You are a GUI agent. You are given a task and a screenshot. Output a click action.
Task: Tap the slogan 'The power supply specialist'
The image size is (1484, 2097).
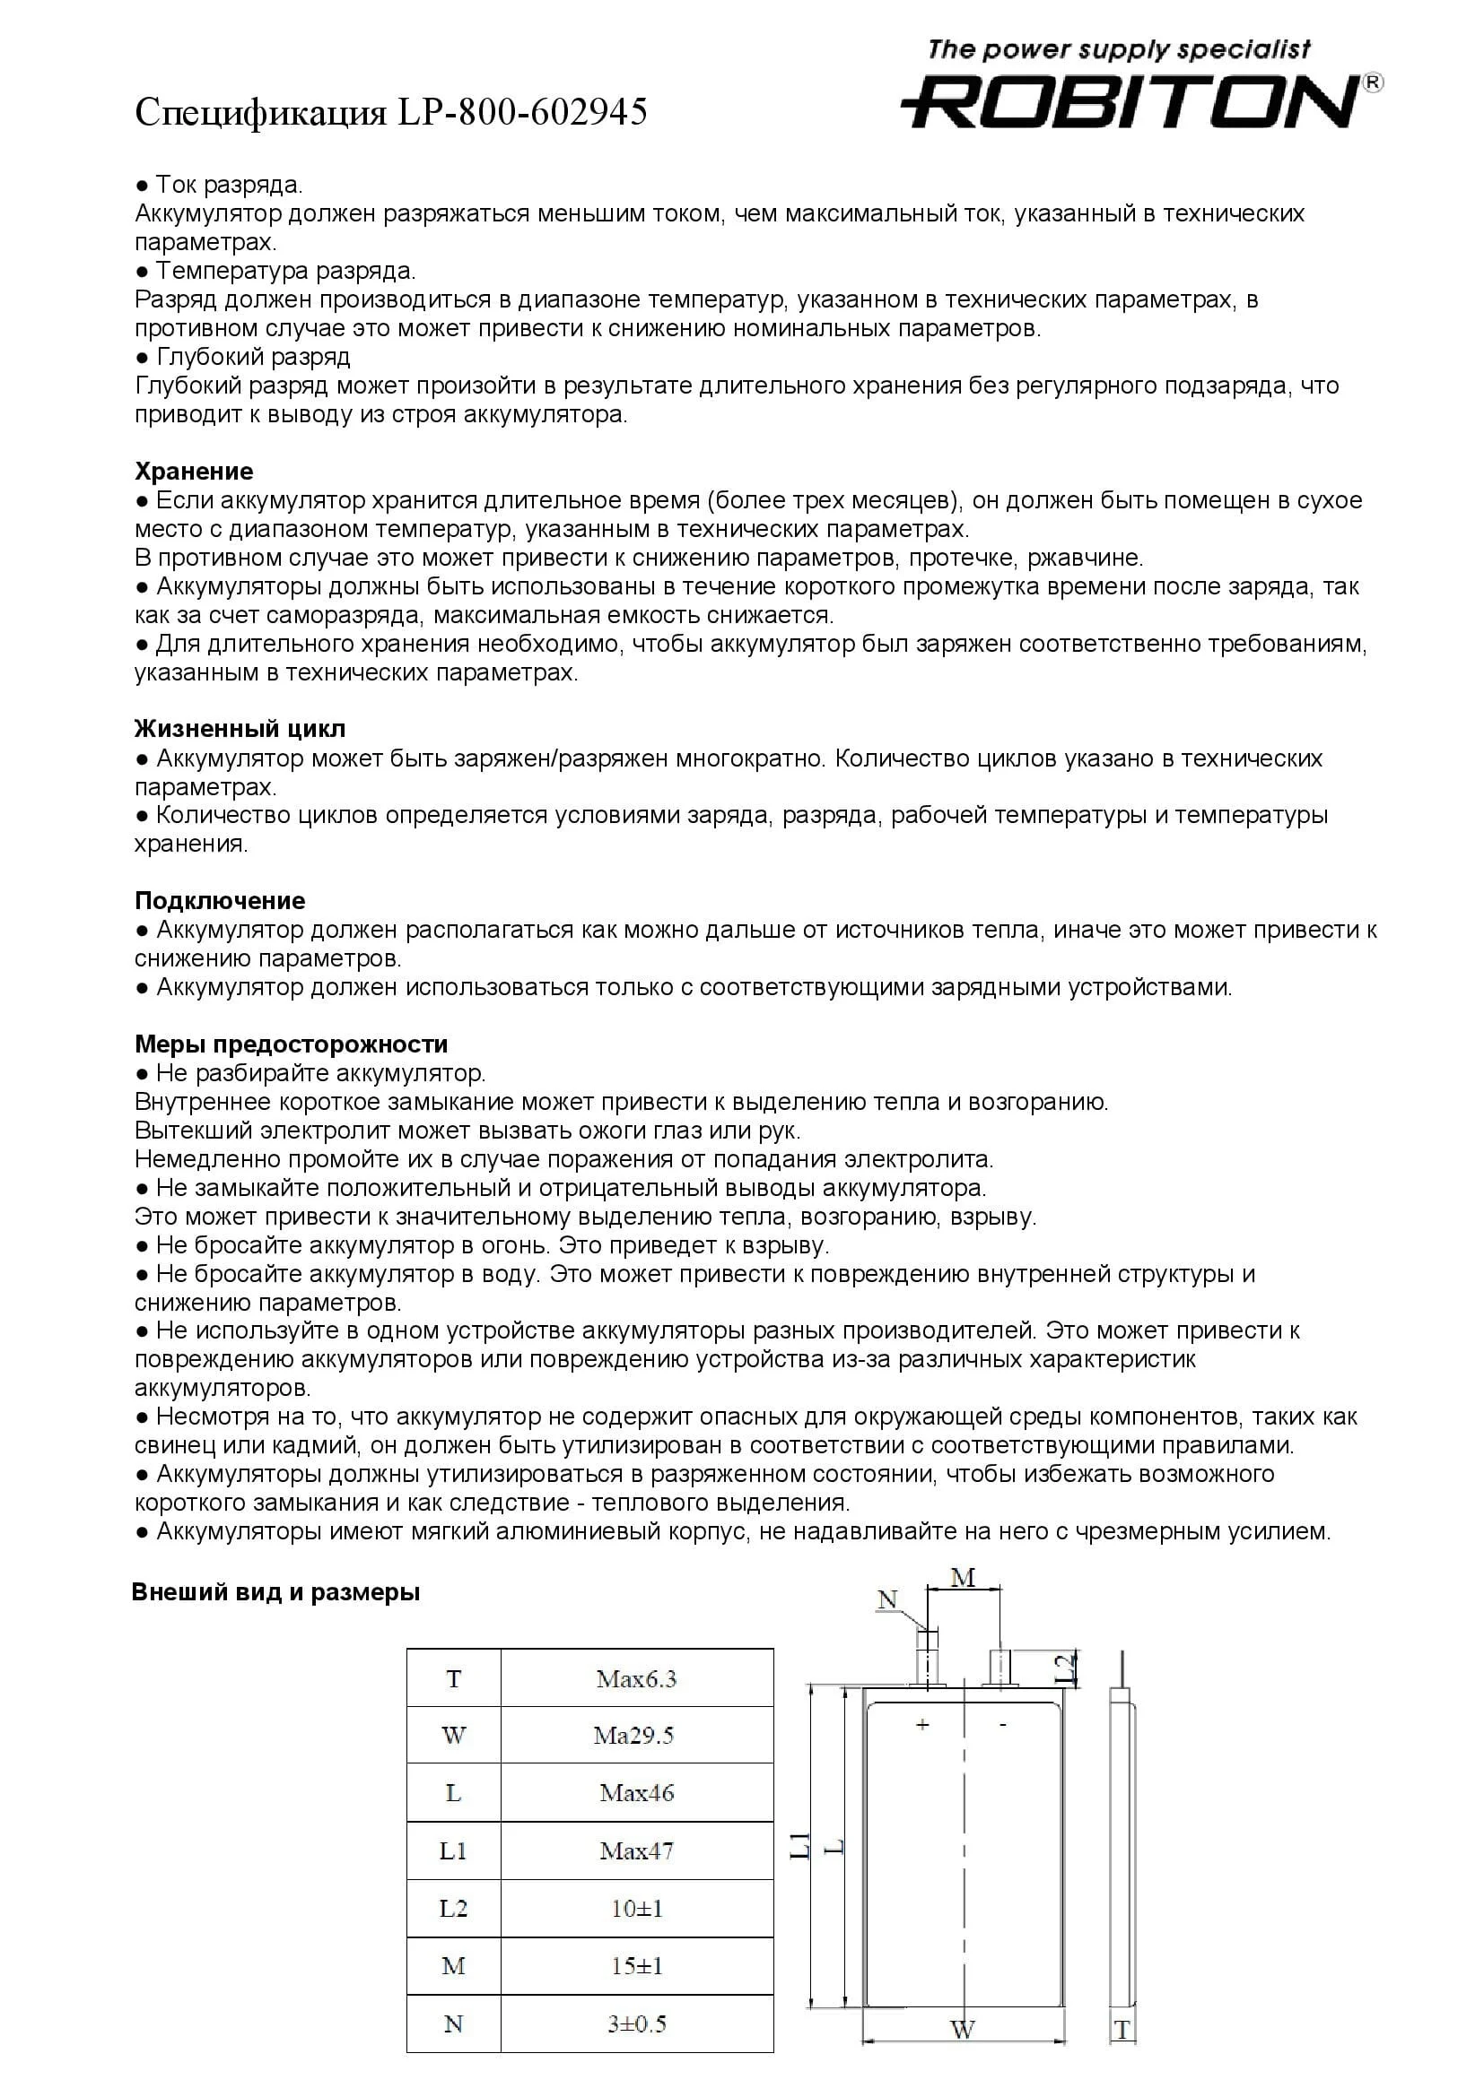[1119, 49]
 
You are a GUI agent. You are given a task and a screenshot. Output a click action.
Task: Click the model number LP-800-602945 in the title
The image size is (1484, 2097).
[522, 112]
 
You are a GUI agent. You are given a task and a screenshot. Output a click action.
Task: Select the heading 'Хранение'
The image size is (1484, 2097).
[194, 472]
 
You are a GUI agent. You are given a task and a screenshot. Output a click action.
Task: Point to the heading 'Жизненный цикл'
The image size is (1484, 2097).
[240, 729]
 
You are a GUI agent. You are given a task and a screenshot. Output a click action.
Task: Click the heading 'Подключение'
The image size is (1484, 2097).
[219, 900]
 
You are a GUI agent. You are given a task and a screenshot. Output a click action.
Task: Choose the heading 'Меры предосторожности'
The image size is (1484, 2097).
[292, 1044]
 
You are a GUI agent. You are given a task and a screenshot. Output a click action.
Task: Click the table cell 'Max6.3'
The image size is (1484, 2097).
[636, 1678]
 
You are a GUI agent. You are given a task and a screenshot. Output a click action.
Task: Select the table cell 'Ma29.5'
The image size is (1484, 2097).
[633, 1736]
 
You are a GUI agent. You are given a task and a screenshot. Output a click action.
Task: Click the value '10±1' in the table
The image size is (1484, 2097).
[637, 1908]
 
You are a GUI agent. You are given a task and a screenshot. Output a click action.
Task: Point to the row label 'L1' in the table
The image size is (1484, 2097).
[453, 1850]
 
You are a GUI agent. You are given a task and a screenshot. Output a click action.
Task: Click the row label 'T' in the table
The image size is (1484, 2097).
[453, 1678]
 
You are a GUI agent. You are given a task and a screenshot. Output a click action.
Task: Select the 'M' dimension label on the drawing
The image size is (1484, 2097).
[963, 1577]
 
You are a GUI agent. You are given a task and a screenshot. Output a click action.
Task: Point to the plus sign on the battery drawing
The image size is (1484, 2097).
[923, 1724]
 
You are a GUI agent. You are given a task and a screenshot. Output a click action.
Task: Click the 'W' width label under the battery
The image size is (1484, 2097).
[962, 2030]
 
